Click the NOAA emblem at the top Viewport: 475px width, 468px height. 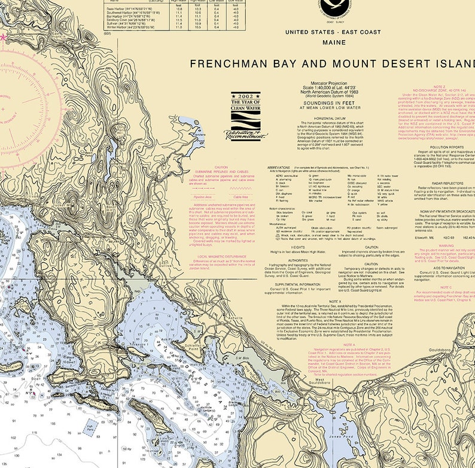click(336, 7)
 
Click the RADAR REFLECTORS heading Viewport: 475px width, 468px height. click(439, 183)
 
